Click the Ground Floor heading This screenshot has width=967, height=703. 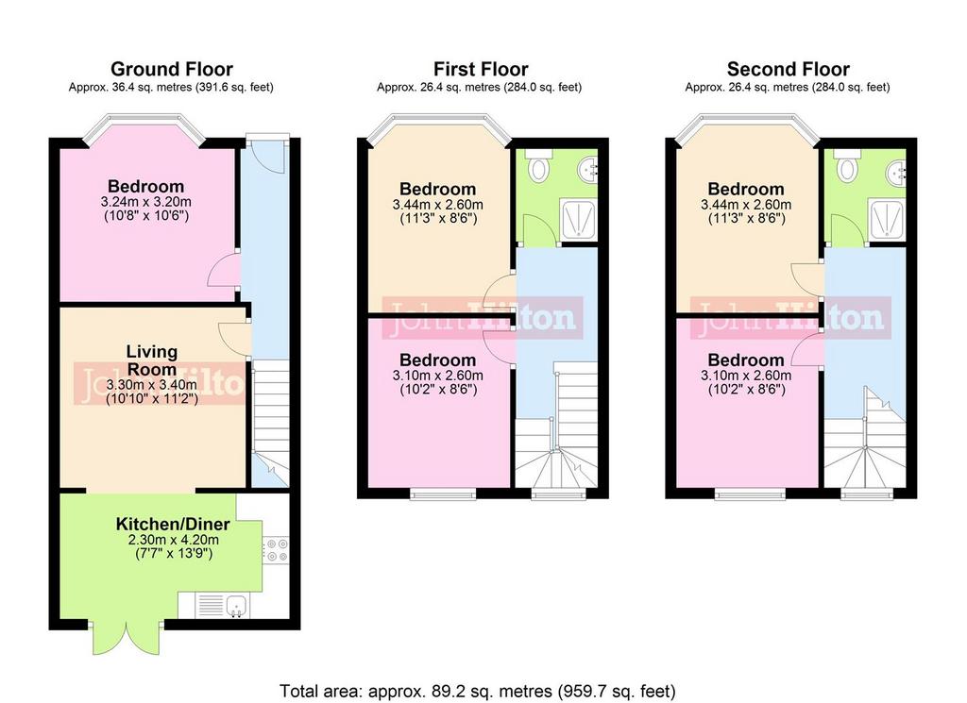(x=172, y=69)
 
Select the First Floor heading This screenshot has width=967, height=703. (x=481, y=69)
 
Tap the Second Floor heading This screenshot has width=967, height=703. (x=789, y=69)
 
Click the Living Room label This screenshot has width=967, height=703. (x=152, y=360)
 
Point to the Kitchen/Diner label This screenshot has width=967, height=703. (x=173, y=525)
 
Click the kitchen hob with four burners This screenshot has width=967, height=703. (x=276, y=550)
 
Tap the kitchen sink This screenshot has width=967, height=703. (x=236, y=606)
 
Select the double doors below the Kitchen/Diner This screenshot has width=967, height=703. (x=127, y=638)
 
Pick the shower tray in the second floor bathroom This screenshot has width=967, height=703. (x=887, y=217)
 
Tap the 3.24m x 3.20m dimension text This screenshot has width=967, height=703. (x=146, y=202)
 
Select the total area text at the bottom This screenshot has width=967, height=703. (x=478, y=692)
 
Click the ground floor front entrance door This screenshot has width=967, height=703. (x=267, y=153)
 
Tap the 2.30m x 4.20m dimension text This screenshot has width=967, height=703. (x=174, y=540)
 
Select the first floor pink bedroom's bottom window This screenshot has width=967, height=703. (x=444, y=493)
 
